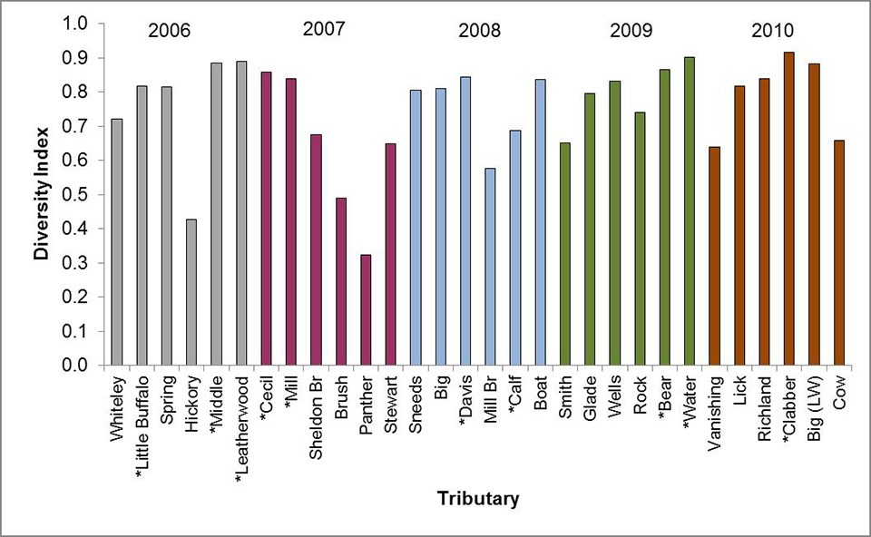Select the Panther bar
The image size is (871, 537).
click(x=367, y=310)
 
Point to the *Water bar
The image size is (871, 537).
click(x=690, y=211)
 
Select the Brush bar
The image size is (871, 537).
click(x=341, y=281)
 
